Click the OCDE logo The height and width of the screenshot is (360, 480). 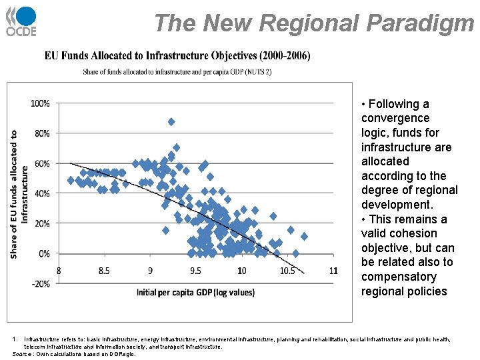(x=21, y=21)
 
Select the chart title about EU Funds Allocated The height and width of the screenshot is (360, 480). (x=177, y=56)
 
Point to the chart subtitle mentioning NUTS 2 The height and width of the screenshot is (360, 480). (x=177, y=72)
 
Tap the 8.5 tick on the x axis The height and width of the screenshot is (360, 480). (x=104, y=271)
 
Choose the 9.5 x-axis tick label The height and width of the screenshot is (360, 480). (x=195, y=271)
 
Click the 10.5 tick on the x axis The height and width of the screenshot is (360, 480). (x=287, y=271)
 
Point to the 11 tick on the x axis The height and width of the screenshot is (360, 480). (x=333, y=271)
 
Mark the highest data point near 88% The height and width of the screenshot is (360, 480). (x=171, y=121)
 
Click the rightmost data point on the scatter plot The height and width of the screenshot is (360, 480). (x=305, y=237)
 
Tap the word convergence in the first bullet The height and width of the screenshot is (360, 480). (x=395, y=118)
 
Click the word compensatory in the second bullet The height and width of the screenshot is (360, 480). (x=399, y=277)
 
